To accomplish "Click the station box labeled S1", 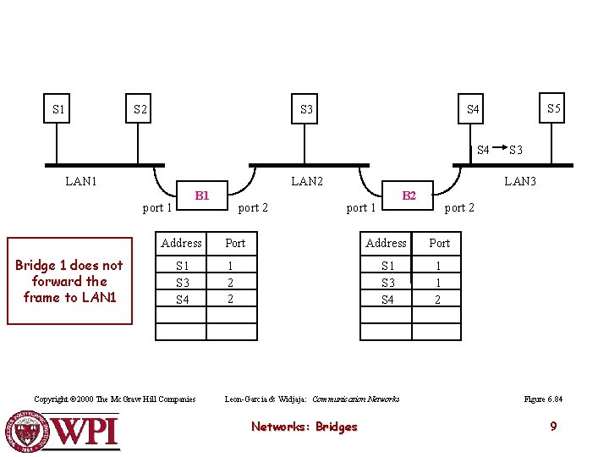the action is [57, 108].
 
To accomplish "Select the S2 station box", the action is [138, 108].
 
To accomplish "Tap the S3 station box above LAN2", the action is [304, 108].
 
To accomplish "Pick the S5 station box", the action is [551, 107].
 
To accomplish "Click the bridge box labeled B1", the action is [202, 195].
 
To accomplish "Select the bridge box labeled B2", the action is [408, 195].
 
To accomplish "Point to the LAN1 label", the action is [81, 181].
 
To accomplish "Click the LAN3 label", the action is [520, 181].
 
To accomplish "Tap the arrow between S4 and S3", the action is [500, 147].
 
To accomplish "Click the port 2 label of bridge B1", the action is [253, 208].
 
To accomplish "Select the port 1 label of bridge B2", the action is [361, 208].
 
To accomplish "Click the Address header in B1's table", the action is [181, 243].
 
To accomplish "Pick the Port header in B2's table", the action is [439, 243].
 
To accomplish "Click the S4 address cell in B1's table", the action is [182, 300].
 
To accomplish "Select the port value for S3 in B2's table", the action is [438, 283].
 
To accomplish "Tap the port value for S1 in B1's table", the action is [230, 266].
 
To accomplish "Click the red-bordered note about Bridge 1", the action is [70, 281].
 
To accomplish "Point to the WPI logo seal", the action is [26, 432].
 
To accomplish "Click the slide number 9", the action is [553, 427].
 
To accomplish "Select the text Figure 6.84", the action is [543, 399].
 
